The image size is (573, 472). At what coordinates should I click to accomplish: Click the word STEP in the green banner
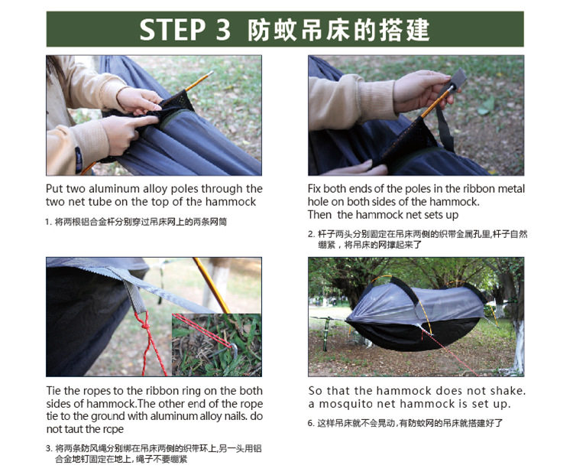[x=172, y=29]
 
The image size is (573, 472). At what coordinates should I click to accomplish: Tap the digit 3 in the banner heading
[x=223, y=29]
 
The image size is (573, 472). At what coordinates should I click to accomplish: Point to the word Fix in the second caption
[x=314, y=189]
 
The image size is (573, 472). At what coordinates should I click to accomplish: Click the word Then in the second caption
[x=320, y=214]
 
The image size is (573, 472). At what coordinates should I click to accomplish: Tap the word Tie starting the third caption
[x=53, y=391]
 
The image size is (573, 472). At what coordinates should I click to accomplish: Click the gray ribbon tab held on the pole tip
[x=458, y=80]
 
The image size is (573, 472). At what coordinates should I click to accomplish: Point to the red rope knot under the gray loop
[x=144, y=322]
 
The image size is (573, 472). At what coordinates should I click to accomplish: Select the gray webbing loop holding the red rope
[x=135, y=297]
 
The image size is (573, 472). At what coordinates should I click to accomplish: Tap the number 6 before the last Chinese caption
[x=311, y=423]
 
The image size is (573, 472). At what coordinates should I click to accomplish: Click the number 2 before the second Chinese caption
[x=311, y=234]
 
